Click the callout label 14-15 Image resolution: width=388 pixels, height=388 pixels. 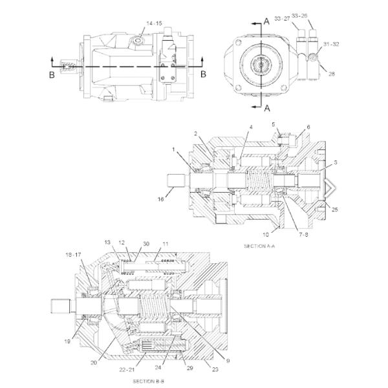pos(154,23)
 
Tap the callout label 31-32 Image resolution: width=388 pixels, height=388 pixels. pos(330,45)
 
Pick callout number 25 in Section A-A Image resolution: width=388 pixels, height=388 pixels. pos(334,209)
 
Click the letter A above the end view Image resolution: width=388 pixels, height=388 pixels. pos(266,21)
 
